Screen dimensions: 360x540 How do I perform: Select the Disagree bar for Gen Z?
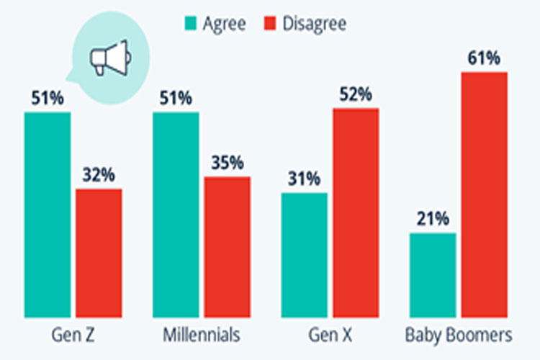coord(99,253)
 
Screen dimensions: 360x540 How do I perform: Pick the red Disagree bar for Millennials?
coord(228,247)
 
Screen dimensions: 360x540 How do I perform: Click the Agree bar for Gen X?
coord(304,255)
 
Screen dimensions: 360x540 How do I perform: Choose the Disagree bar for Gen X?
coord(356,212)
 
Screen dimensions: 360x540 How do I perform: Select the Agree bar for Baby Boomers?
coord(433,275)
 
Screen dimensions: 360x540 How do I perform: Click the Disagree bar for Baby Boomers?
coord(484,194)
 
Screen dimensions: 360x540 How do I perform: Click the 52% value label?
coord(356,94)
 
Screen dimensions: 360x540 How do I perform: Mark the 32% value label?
coord(99,175)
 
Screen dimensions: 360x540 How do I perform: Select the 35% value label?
coord(228,163)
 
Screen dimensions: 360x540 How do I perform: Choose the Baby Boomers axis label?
coord(459,336)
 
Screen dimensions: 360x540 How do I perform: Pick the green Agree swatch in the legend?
coord(192,24)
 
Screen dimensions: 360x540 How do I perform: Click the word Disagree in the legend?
coord(314,24)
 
